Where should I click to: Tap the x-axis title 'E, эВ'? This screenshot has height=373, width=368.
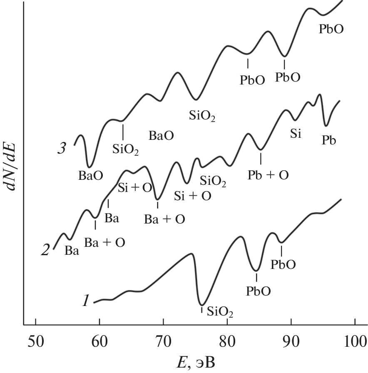pos(195,361)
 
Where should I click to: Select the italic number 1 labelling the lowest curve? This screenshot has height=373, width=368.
pos(85,300)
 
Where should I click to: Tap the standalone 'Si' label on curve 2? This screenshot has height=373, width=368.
pos(296,134)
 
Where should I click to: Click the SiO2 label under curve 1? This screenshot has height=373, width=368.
pos(220,311)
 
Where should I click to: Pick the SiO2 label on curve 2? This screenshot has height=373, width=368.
pos(213,181)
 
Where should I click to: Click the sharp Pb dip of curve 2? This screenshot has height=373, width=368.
pos(326,124)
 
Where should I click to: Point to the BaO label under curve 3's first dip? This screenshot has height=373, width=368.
pos(90,175)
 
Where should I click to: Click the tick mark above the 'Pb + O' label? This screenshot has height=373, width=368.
pos(261,158)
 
